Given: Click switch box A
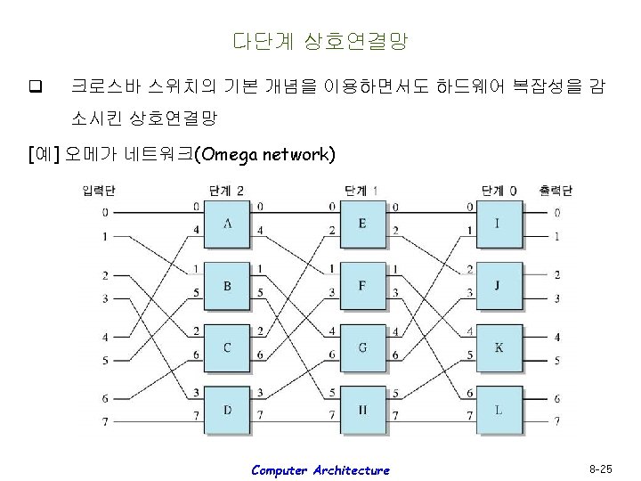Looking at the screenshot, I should click(x=227, y=223).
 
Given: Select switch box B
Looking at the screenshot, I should click(x=227, y=285).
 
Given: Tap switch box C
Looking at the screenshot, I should click(x=227, y=346).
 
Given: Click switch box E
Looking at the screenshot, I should click(x=362, y=223).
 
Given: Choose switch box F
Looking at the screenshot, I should click(x=362, y=285).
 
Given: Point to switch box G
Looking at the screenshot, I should click(x=362, y=346).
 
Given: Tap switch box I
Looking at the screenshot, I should click(x=498, y=223).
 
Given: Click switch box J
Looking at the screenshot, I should click(x=498, y=285).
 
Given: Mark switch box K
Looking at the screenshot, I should click(x=498, y=346).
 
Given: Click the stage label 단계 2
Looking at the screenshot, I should click(x=226, y=190).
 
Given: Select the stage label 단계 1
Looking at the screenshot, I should click(x=361, y=190).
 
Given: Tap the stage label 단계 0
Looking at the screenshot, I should click(x=498, y=190).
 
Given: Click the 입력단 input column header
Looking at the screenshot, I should click(x=99, y=190).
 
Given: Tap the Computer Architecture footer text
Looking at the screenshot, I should click(x=320, y=469).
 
